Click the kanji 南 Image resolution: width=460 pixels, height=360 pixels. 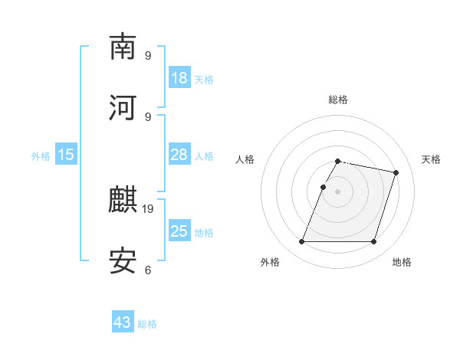pyautogui.click(x=123, y=47)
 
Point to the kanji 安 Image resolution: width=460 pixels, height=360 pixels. pyautogui.click(x=123, y=261)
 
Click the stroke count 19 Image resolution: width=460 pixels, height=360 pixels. pyautogui.click(x=149, y=208)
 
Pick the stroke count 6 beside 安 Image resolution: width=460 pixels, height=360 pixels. pyautogui.click(x=147, y=270)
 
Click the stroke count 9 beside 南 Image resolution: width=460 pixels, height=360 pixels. pyautogui.click(x=147, y=55)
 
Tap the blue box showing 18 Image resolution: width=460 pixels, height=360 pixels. pyautogui.click(x=179, y=78)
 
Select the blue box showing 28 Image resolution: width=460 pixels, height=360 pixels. pyautogui.click(x=179, y=155)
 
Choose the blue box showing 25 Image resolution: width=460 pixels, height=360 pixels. pyautogui.click(x=179, y=231)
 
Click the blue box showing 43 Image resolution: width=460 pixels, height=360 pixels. pyautogui.click(x=123, y=322)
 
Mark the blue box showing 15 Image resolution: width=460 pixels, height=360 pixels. pyautogui.click(x=66, y=155)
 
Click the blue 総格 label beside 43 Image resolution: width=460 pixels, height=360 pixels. pyautogui.click(x=147, y=324)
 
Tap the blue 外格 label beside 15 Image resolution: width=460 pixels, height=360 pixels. pyautogui.click(x=41, y=155)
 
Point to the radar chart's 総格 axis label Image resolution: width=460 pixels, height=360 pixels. pyautogui.click(x=338, y=100)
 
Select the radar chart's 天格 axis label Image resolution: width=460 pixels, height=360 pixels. pyautogui.click(x=431, y=159)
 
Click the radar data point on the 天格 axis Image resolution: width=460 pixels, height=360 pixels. pyautogui.click(x=396, y=173)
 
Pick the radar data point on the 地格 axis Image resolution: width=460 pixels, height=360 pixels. pyautogui.click(x=373, y=242)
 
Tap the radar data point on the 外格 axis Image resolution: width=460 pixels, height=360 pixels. pyautogui.click(x=301, y=242)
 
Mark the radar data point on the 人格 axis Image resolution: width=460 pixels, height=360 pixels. pyautogui.click(x=323, y=187)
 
